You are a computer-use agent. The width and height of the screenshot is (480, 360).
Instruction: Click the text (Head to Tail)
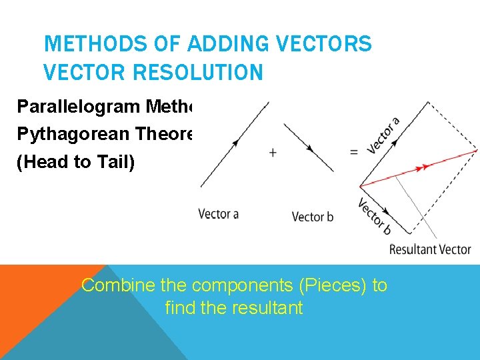tap(75, 163)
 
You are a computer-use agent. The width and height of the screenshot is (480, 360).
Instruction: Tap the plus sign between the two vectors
tap(273, 153)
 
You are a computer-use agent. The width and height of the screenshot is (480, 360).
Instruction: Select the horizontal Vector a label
tap(219, 214)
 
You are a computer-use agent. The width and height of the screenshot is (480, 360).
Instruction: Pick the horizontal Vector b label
tap(313, 217)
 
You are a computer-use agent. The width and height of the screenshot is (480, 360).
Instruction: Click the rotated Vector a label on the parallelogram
tap(383, 136)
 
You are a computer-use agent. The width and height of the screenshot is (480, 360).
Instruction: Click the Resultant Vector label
tap(430, 250)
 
